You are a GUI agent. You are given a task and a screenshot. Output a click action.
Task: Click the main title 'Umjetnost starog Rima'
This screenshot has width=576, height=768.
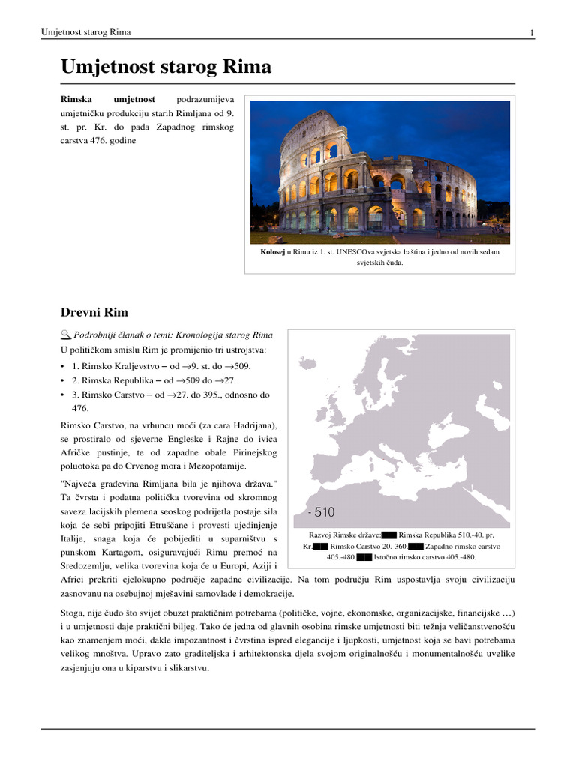[x=166, y=67]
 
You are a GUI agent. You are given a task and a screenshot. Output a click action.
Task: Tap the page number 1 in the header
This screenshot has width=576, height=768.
[x=531, y=32]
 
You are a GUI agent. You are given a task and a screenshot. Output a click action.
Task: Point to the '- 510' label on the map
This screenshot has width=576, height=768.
[x=321, y=512]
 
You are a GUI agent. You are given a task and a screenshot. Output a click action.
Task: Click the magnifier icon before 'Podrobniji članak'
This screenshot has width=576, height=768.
[x=64, y=334]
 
